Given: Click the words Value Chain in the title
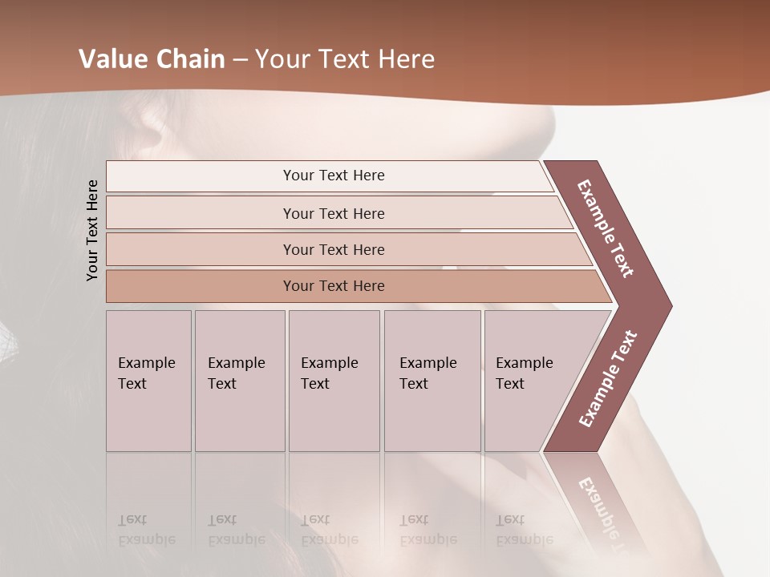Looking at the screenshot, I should click(x=152, y=59).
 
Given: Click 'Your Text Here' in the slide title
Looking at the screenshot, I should click(x=345, y=59).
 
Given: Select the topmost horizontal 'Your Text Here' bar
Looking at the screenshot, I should click(x=333, y=176).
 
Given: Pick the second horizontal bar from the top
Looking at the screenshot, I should click(x=333, y=213).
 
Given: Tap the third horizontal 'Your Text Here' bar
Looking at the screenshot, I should click(x=333, y=249).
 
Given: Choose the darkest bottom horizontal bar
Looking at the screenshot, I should click(x=333, y=286).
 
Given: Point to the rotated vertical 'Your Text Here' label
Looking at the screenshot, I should click(x=93, y=230).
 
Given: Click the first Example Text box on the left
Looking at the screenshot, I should click(x=148, y=373).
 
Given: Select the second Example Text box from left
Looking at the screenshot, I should click(x=239, y=373).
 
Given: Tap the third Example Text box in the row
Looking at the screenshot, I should click(x=333, y=373).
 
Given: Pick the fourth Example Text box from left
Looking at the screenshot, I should click(x=432, y=373).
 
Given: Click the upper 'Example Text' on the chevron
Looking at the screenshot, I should click(x=606, y=228).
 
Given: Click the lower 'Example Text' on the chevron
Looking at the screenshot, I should click(x=608, y=378).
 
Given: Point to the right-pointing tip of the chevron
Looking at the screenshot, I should click(x=667, y=306).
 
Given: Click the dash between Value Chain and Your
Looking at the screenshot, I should click(x=240, y=60).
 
